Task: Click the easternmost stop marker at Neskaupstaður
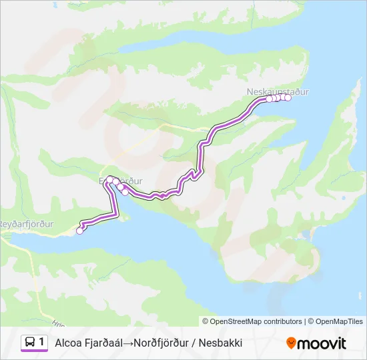point(288,97)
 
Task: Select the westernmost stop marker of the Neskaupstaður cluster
point(270,99)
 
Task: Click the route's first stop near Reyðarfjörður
point(80,231)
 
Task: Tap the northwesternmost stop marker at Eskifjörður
point(109,179)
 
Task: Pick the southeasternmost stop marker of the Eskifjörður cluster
point(125,193)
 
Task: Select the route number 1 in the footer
point(41,343)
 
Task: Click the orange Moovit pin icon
point(291,343)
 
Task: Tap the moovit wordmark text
point(322,343)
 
